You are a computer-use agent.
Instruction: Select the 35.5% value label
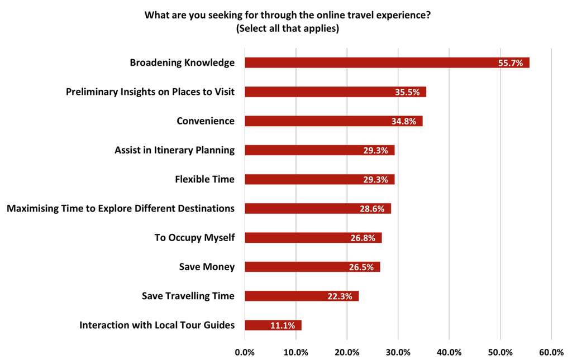[407, 92]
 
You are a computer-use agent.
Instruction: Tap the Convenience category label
[206, 121]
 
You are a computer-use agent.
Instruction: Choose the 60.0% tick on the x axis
[551, 352]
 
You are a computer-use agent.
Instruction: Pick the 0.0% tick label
[245, 352]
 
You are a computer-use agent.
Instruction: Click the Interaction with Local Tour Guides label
[157, 325]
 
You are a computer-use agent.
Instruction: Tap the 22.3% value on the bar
[340, 296]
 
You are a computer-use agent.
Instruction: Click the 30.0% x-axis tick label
[398, 352]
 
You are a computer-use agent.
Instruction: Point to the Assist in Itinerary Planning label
[174, 150]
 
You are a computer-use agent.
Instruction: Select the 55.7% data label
[511, 63]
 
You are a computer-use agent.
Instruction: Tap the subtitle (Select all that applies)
[288, 28]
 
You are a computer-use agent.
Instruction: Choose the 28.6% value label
[372, 209]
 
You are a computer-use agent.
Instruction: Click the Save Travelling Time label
[188, 296]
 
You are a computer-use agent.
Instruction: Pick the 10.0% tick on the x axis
[296, 352]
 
